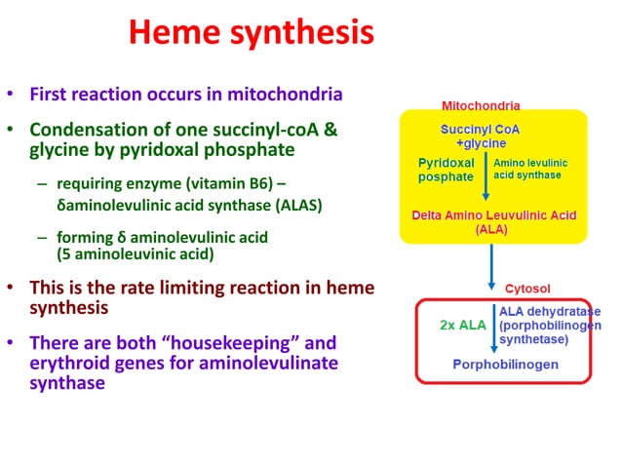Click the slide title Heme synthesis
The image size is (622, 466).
(x=251, y=34)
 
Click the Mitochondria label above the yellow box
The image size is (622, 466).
(x=481, y=104)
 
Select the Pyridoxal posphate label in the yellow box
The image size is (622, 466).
(x=446, y=169)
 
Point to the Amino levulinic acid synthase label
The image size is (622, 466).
(x=530, y=169)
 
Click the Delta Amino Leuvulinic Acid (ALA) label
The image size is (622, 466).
(x=494, y=221)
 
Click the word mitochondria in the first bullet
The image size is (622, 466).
(x=285, y=95)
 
